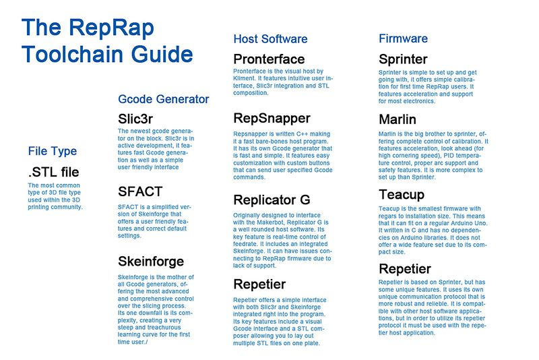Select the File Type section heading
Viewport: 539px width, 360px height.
click(x=53, y=151)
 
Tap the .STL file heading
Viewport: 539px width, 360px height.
click(x=53, y=172)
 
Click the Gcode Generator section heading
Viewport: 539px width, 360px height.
click(x=163, y=99)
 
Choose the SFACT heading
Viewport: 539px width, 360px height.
click(x=140, y=191)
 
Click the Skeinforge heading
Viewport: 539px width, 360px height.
click(x=151, y=262)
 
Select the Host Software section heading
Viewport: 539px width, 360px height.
click(x=270, y=39)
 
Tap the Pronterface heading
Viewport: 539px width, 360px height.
click(x=269, y=59)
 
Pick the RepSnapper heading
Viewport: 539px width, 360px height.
click(x=272, y=119)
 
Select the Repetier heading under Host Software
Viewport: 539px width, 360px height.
click(x=259, y=284)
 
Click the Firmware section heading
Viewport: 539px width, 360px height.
click(x=403, y=38)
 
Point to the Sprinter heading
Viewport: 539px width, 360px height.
click(x=403, y=59)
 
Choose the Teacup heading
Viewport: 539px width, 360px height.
click(x=402, y=195)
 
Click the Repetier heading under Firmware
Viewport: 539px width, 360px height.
click(x=405, y=270)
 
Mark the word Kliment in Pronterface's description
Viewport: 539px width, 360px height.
click(x=243, y=78)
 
